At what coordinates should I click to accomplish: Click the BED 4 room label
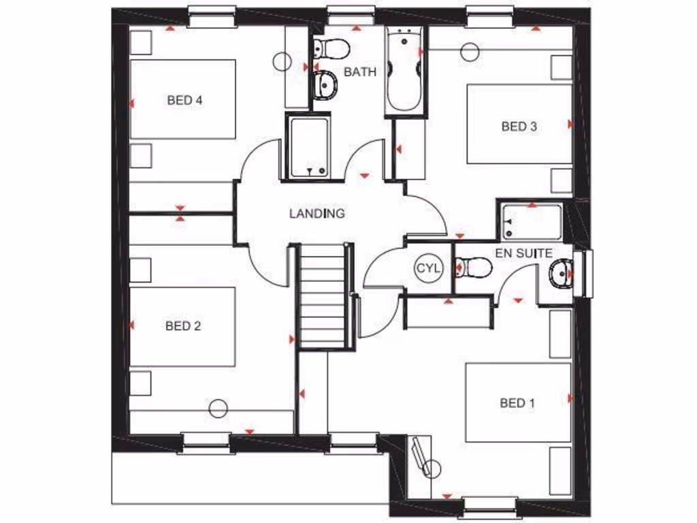pyautogui.click(x=184, y=100)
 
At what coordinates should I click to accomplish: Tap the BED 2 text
pyautogui.click(x=183, y=326)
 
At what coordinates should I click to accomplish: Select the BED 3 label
pyautogui.click(x=519, y=126)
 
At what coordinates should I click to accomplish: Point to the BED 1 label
pyautogui.click(x=517, y=403)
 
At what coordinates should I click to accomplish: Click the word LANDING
pyautogui.click(x=317, y=214)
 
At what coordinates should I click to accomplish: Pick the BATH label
pyautogui.click(x=359, y=72)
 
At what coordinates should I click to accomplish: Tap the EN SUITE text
pyautogui.click(x=523, y=253)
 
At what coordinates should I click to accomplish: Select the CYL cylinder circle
pyautogui.click(x=428, y=268)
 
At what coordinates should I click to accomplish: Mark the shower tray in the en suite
pyautogui.click(x=531, y=222)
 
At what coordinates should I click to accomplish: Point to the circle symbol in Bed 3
pyautogui.click(x=470, y=51)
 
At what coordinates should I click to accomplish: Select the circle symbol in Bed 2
pyautogui.click(x=218, y=409)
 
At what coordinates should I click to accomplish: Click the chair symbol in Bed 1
pyautogui.click(x=424, y=460)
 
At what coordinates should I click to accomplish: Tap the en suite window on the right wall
pyautogui.click(x=584, y=274)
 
